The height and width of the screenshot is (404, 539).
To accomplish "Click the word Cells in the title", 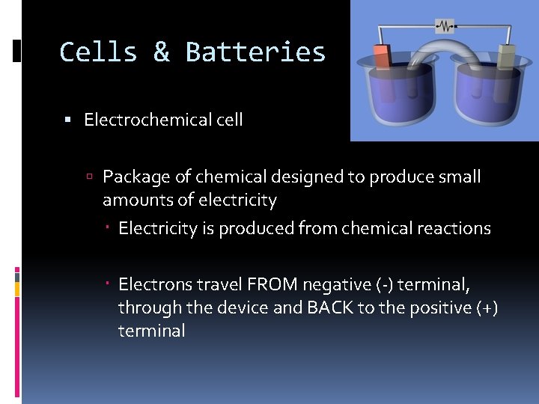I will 98,52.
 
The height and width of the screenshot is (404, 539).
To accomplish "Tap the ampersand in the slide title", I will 161,52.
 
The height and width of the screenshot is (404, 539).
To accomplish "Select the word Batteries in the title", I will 255,52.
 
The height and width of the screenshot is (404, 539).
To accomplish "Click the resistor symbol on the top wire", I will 447,26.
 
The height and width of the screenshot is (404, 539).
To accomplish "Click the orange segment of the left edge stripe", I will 18,287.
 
